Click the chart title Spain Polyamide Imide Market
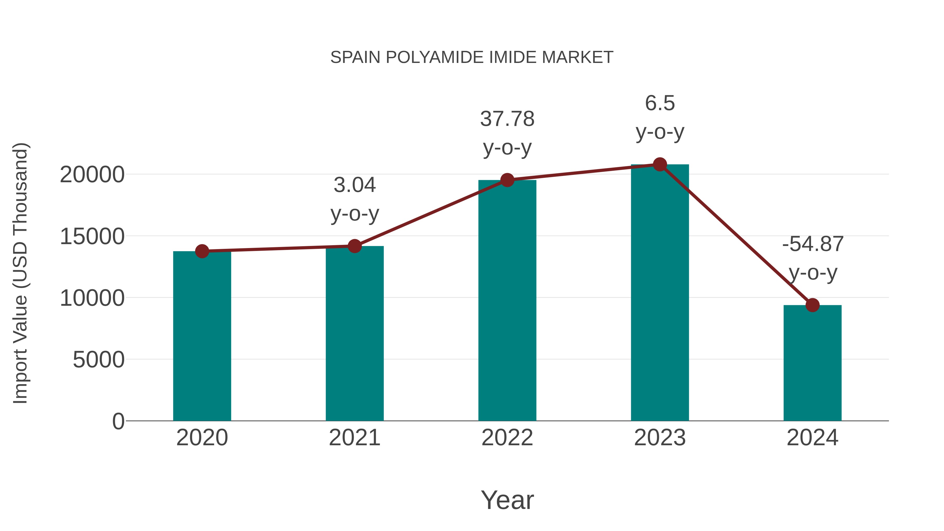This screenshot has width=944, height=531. pyautogui.click(x=472, y=57)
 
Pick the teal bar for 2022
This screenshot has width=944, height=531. pyautogui.click(x=507, y=300)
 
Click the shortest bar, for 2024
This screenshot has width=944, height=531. pyautogui.click(x=812, y=363)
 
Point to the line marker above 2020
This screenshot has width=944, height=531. pyautogui.click(x=202, y=251)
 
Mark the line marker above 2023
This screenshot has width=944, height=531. pyautogui.click(x=660, y=164)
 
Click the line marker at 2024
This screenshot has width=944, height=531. pyautogui.click(x=812, y=305)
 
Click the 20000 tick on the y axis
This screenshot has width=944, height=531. pyautogui.click(x=92, y=175)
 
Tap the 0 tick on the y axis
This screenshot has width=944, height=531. pyautogui.click(x=118, y=421)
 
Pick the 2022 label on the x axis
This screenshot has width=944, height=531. pyautogui.click(x=507, y=438)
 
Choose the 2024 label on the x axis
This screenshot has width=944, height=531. pyautogui.click(x=812, y=438)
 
